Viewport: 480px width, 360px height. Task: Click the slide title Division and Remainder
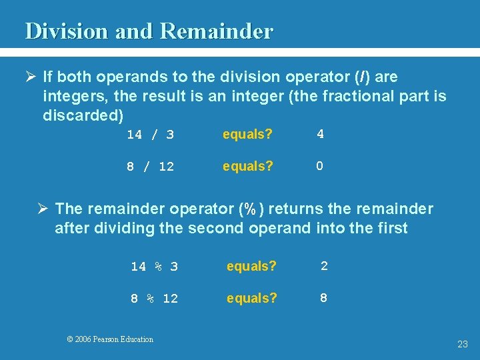tap(149, 31)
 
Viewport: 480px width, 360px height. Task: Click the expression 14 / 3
tap(150, 135)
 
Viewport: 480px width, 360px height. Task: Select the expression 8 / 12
tap(150, 167)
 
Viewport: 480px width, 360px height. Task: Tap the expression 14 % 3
tap(154, 267)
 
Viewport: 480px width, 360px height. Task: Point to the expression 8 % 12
tap(154, 299)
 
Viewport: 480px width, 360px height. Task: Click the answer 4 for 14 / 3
tap(320, 134)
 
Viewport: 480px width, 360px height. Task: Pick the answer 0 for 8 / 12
tap(320, 166)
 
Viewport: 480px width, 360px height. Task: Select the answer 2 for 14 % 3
tap(324, 266)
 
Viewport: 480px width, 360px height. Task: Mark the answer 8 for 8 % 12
tap(324, 298)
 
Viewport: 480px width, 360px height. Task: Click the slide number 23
tap(463, 344)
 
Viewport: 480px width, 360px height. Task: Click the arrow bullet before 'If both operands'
tap(31, 77)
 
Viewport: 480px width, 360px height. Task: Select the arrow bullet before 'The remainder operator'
tap(43, 209)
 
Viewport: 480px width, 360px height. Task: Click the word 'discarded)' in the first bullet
tap(83, 115)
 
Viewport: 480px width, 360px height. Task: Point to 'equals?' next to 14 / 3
tap(247, 134)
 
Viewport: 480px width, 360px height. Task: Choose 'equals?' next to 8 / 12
tap(247, 166)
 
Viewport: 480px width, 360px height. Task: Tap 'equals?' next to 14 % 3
tap(251, 266)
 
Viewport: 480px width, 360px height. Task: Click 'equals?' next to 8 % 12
tap(251, 298)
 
